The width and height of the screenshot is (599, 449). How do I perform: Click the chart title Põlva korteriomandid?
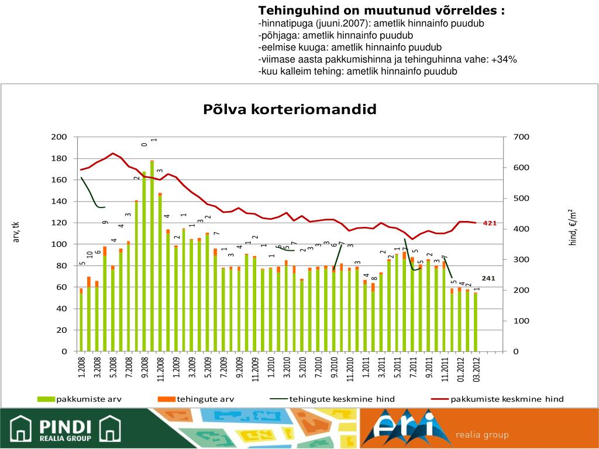pos(290,109)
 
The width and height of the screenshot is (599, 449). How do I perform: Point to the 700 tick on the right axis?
pos(521,137)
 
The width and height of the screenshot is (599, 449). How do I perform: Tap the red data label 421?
pos(490,223)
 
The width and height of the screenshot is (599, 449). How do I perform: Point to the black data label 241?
pos(488,278)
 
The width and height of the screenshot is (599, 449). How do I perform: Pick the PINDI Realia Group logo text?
pos(64,430)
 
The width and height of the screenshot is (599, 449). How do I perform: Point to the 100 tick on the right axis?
pos(521,321)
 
